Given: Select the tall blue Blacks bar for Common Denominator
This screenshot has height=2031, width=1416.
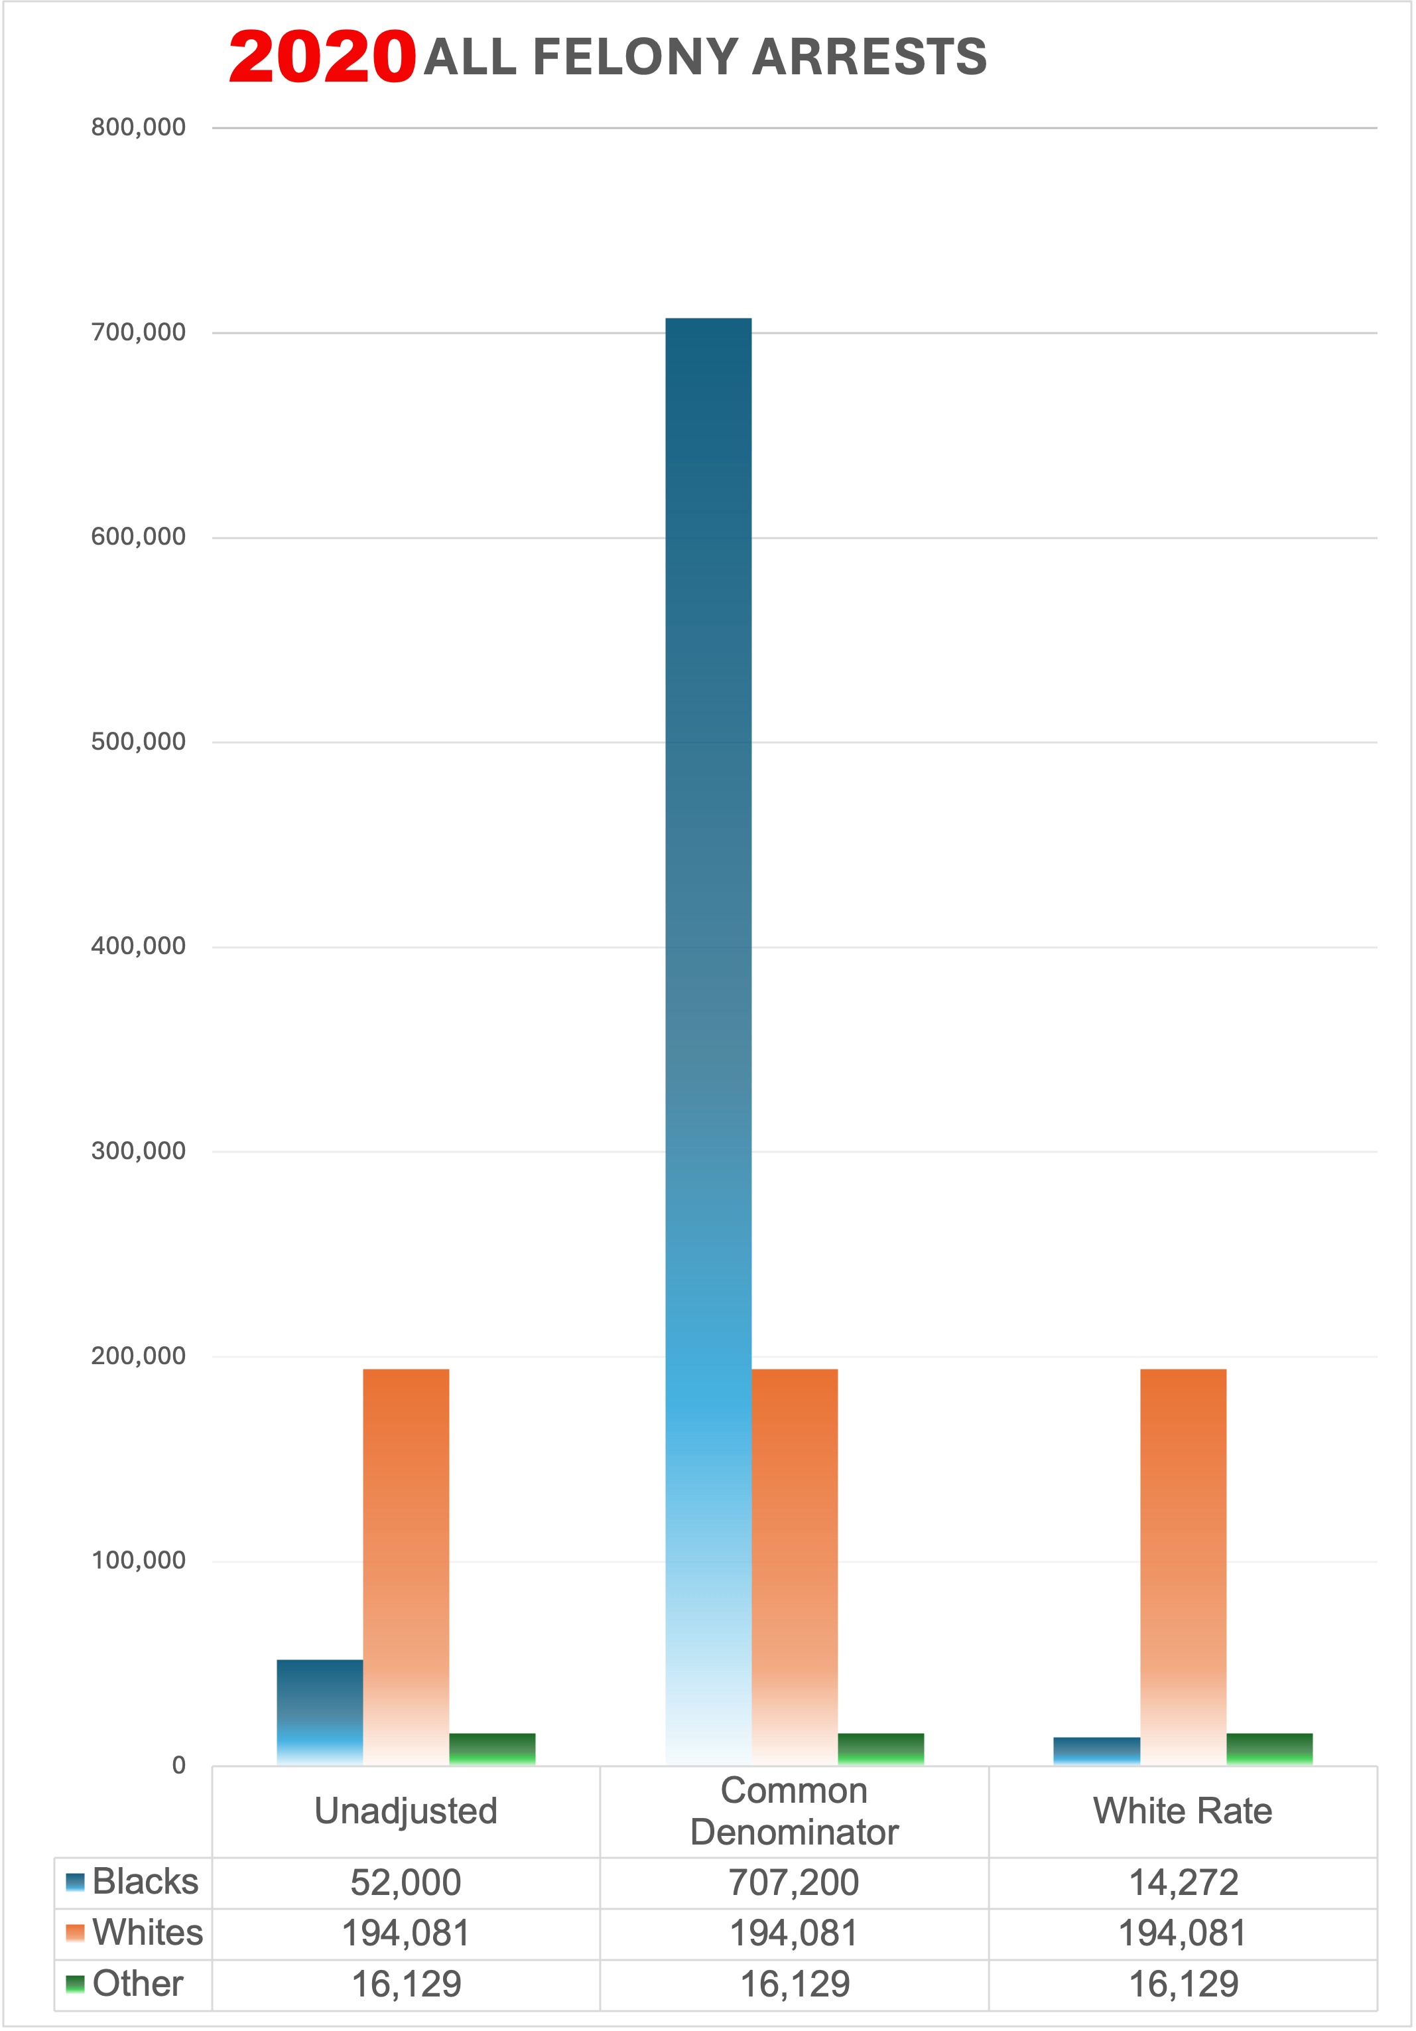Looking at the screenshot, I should coord(708,973).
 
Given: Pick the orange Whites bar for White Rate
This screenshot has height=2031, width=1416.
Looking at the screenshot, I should coord(1183,1566).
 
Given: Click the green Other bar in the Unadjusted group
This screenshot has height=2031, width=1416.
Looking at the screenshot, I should coord(491,1749).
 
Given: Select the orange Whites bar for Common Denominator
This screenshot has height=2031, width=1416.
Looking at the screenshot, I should coord(795,1566).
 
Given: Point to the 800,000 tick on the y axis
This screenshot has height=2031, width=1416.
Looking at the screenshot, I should coord(139,127).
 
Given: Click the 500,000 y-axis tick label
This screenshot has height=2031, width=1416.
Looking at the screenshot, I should coord(139,741).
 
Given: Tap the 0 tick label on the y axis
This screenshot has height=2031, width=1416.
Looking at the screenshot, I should coord(178,1765).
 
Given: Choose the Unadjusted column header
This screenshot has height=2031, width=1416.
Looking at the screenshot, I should coord(406,1811).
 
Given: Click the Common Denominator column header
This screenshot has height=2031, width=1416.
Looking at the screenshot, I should coord(795,1811).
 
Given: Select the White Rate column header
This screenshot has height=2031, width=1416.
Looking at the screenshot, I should coord(1183,1811).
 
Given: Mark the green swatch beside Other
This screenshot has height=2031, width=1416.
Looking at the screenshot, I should coord(75,1983).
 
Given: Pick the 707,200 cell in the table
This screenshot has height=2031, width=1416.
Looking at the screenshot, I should coord(795,1882).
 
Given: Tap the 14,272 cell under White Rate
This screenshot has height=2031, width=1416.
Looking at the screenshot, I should coord(1183,1882).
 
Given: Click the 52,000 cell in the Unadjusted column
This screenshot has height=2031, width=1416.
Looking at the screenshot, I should coord(406,1882).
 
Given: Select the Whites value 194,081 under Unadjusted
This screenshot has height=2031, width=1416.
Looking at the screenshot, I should coord(406,1933).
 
